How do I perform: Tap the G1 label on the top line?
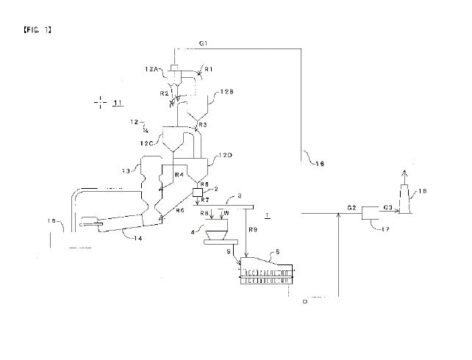pyautogui.click(x=203, y=44)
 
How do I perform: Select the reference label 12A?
pyautogui.click(x=153, y=68)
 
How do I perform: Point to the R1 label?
pyautogui.click(x=208, y=69)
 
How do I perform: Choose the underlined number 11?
pyautogui.click(x=117, y=104)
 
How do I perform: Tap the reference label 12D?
pyautogui.click(x=226, y=155)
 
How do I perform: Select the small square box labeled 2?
pyautogui.click(x=197, y=192)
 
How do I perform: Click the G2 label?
pyautogui.click(x=351, y=208)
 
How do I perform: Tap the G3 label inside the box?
pyautogui.click(x=385, y=208)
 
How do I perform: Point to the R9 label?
pyautogui.click(x=253, y=230)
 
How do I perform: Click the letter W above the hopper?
pyautogui.click(x=226, y=213)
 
